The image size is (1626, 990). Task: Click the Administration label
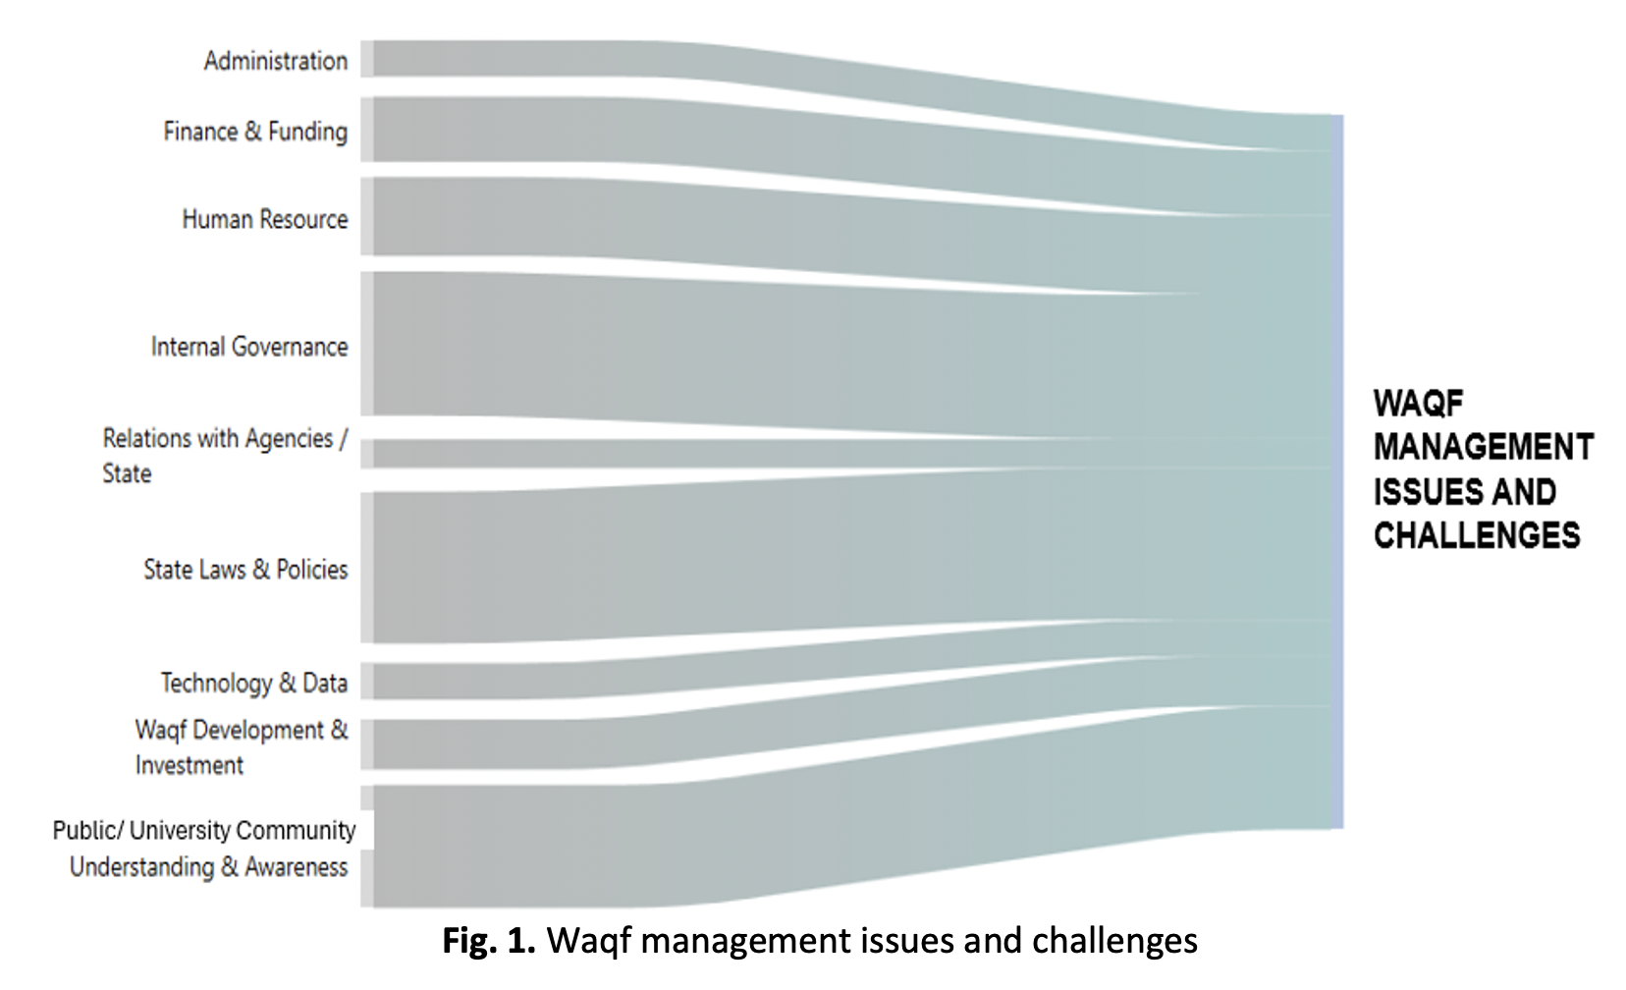click(x=275, y=61)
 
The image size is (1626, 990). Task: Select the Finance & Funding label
click(x=255, y=132)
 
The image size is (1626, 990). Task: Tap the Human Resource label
click(x=265, y=219)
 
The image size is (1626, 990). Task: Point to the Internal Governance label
click(x=249, y=347)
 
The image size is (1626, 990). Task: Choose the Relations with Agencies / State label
click(x=224, y=456)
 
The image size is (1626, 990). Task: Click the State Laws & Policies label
click(x=245, y=570)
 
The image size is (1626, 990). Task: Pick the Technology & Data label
click(x=253, y=683)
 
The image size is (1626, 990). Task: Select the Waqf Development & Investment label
click(x=241, y=747)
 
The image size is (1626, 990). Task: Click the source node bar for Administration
click(x=366, y=59)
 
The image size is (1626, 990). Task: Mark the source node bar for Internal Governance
click(x=366, y=344)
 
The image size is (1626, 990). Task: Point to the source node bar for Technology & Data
click(x=366, y=682)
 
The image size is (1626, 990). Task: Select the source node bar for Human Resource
click(x=366, y=217)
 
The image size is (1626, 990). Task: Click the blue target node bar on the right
click(x=1336, y=471)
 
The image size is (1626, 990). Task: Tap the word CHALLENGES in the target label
click(x=1476, y=536)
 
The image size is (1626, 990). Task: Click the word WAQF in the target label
click(x=1418, y=404)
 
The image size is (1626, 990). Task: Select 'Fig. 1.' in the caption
click(x=488, y=941)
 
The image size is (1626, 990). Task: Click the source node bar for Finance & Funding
click(x=366, y=130)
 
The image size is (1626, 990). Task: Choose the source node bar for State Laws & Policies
click(x=366, y=568)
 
